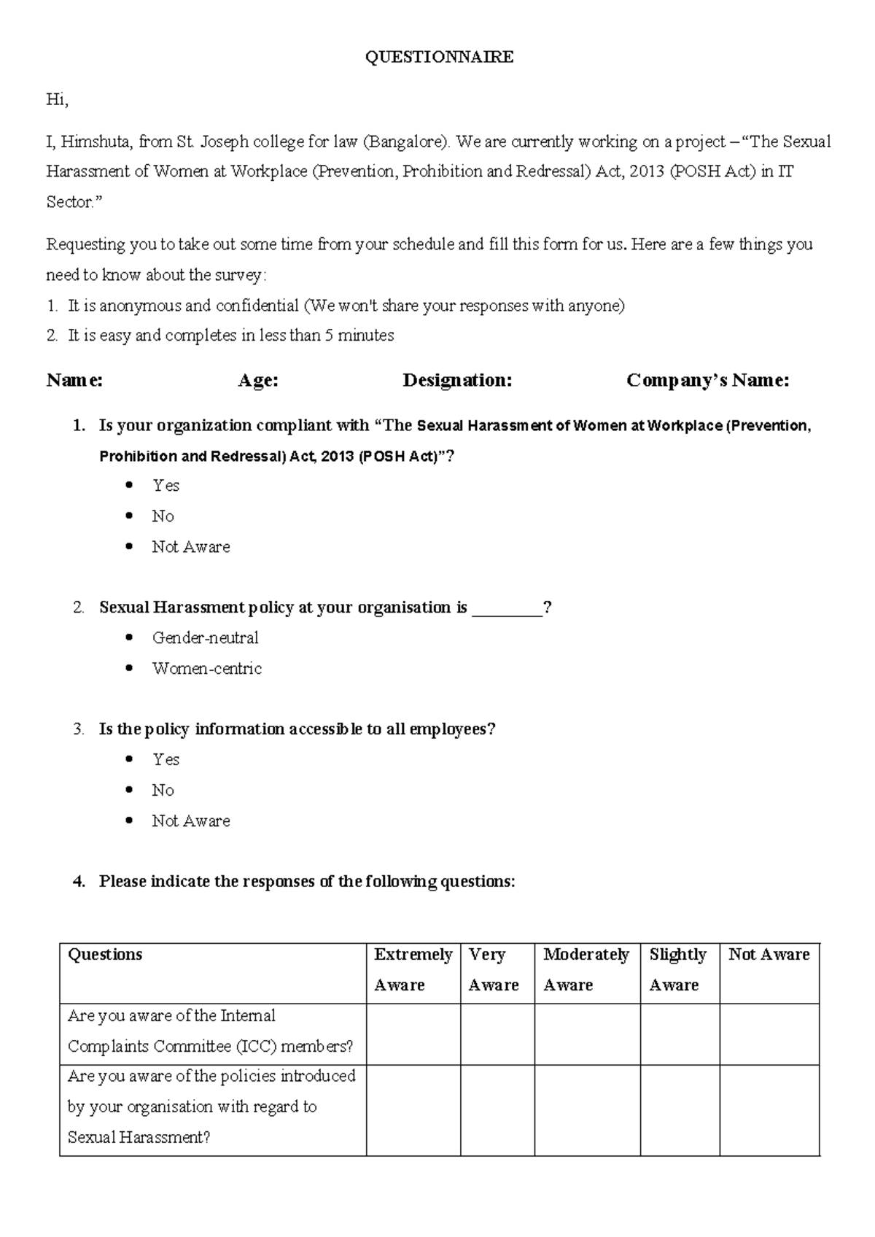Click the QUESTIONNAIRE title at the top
[x=439, y=57]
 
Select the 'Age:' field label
[x=258, y=380]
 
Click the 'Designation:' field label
[x=457, y=380]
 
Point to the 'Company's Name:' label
[x=707, y=380]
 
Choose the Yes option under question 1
[x=166, y=486]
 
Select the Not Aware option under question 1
[x=190, y=547]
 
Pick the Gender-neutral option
[x=205, y=638]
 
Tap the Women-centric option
[x=206, y=669]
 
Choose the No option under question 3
[x=163, y=791]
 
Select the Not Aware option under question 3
[x=190, y=821]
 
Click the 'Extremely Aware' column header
[x=413, y=969]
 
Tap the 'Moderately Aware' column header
[x=586, y=969]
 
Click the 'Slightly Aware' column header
[x=678, y=969]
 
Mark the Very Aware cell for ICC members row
[x=497, y=1034]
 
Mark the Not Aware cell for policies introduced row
[x=769, y=1109]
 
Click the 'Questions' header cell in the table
[x=105, y=955]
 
